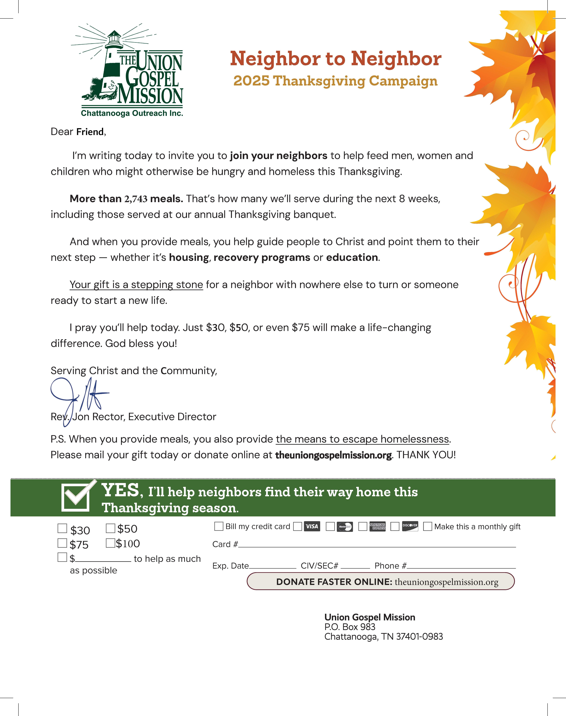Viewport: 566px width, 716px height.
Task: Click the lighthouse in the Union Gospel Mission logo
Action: click(111, 66)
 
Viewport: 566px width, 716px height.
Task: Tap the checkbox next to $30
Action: click(62, 528)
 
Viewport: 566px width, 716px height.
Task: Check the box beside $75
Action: click(62, 543)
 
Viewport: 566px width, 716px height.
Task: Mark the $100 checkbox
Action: click(110, 543)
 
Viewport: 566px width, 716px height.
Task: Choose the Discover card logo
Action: click(410, 526)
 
